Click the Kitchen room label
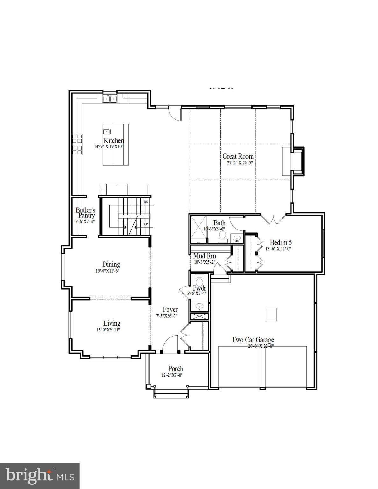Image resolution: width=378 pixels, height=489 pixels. pos(114,140)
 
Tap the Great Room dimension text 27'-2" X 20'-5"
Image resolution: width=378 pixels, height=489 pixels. pos(238,162)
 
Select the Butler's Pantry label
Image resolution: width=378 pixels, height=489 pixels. pos(85,213)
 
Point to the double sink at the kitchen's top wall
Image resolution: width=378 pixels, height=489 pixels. pos(110,98)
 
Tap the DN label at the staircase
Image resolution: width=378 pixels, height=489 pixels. pos(146,202)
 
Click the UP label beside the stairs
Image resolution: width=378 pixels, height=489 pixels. pos(146,224)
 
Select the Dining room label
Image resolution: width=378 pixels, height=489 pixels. pos(111,264)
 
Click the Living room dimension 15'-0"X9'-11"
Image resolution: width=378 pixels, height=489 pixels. pos(108,330)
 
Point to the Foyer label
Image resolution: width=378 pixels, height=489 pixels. pos(170,309)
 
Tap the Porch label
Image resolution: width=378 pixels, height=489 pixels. pos(175,369)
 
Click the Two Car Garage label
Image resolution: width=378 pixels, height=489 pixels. pos(253,340)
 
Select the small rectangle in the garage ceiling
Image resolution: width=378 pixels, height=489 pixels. pos(272,315)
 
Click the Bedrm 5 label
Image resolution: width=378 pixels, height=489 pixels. pos(281,242)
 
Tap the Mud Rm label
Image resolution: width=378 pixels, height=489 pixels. pos(204,256)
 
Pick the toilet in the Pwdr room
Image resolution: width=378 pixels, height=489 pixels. pos(199,282)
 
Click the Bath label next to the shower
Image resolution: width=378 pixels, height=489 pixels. pos(219,223)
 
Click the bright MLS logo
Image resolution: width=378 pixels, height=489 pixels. pos(40,476)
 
